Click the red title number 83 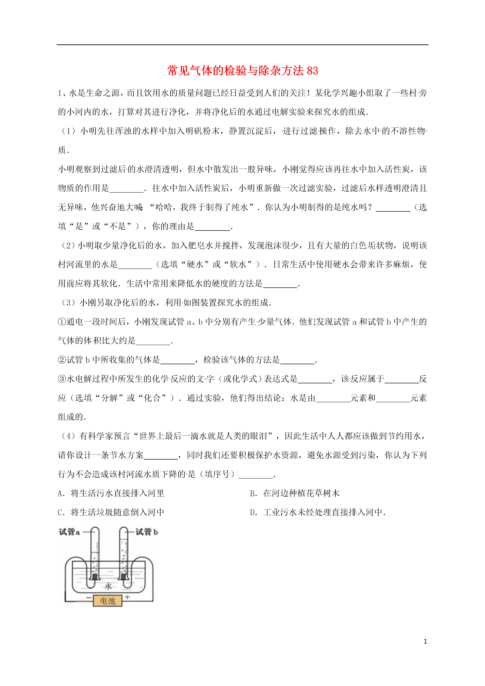[312, 71]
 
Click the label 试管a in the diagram [69, 532]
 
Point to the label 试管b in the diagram [146, 532]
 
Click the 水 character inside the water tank [108, 586]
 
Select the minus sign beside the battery [89, 598]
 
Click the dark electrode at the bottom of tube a [95, 576]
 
